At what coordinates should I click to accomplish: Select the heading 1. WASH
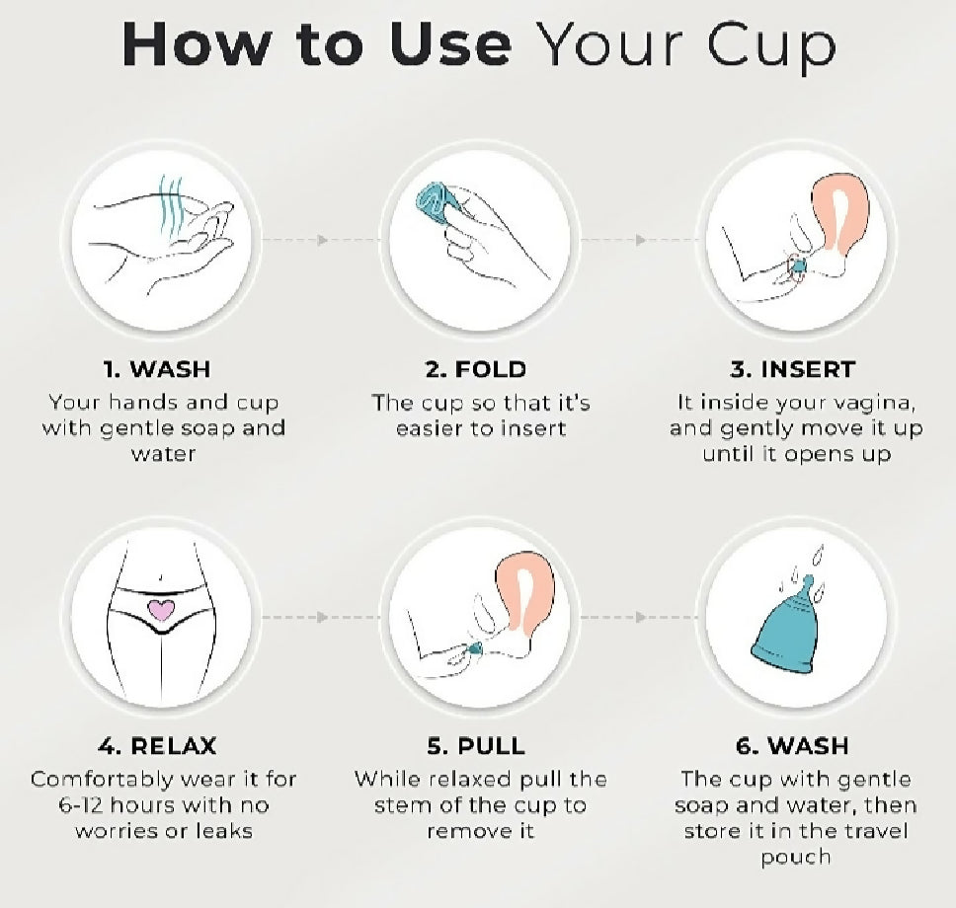157,370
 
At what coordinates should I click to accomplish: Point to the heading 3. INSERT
792,370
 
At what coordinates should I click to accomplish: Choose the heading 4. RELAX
157,744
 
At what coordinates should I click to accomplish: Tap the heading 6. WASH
792,744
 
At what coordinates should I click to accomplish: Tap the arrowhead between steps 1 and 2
321,240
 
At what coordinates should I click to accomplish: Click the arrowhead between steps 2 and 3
640,240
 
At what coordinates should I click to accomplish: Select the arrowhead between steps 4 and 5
321,618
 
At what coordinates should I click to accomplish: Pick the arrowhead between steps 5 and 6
640,618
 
